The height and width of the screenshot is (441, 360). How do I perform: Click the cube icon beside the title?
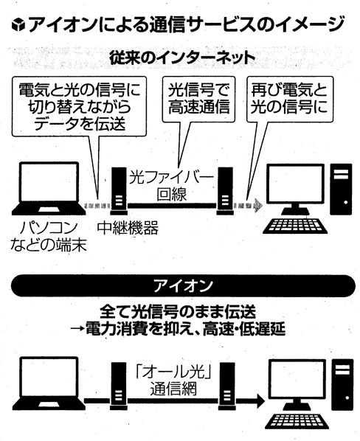click(18, 24)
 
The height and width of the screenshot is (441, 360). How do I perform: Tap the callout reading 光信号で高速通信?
click(199, 99)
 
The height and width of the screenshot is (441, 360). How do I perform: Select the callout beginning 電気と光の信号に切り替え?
click(80, 106)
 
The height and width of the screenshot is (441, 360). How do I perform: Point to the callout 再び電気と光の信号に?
click(290, 99)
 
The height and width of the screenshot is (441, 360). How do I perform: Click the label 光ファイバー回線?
click(172, 186)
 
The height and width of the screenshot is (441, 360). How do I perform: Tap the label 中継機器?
click(128, 228)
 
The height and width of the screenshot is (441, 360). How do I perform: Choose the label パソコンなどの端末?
click(49, 236)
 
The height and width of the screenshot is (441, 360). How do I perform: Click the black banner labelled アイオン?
click(183, 285)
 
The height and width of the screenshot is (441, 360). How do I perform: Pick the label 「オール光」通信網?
click(173, 381)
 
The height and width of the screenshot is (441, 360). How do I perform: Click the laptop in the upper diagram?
click(49, 189)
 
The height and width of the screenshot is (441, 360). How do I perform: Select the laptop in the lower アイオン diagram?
click(49, 383)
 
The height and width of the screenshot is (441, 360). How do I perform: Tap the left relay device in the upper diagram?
click(119, 191)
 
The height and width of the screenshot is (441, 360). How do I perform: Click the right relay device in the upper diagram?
click(225, 191)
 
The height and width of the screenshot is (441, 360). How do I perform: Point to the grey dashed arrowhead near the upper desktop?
click(258, 205)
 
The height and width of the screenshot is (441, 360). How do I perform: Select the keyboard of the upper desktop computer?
click(295, 226)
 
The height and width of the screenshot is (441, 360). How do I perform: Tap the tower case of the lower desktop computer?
click(342, 385)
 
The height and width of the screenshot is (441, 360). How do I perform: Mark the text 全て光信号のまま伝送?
click(178, 312)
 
